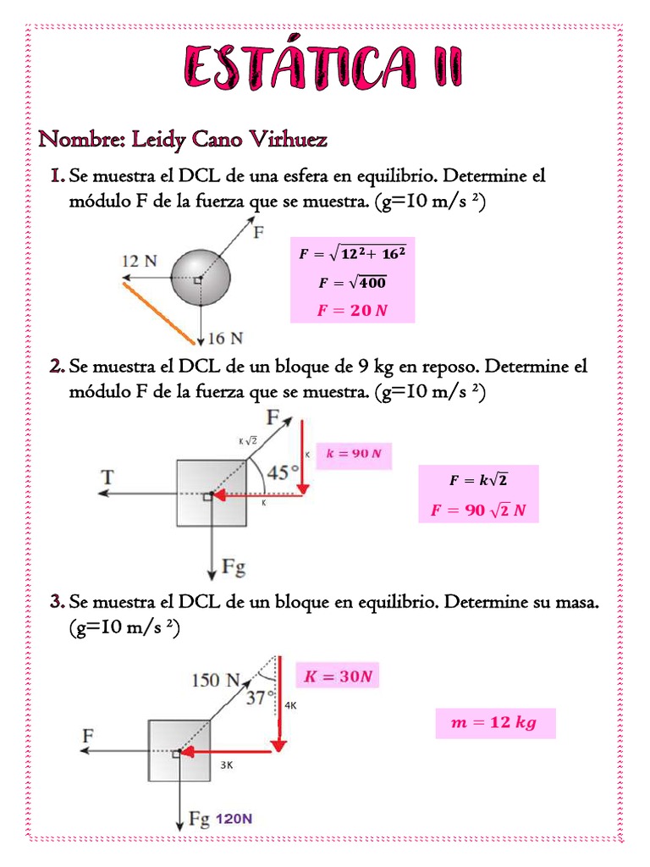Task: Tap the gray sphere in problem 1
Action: pos(201,278)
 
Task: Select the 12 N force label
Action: pos(138,262)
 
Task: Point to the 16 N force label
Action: pos(225,340)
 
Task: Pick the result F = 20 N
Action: pos(352,311)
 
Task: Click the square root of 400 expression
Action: pos(352,283)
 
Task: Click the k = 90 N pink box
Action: pos(354,455)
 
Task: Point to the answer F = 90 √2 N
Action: pos(478,511)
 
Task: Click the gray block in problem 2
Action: pos(212,493)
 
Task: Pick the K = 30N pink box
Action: pos(338,676)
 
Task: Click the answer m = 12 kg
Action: pos(495,724)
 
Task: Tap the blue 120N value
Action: pos(235,820)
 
